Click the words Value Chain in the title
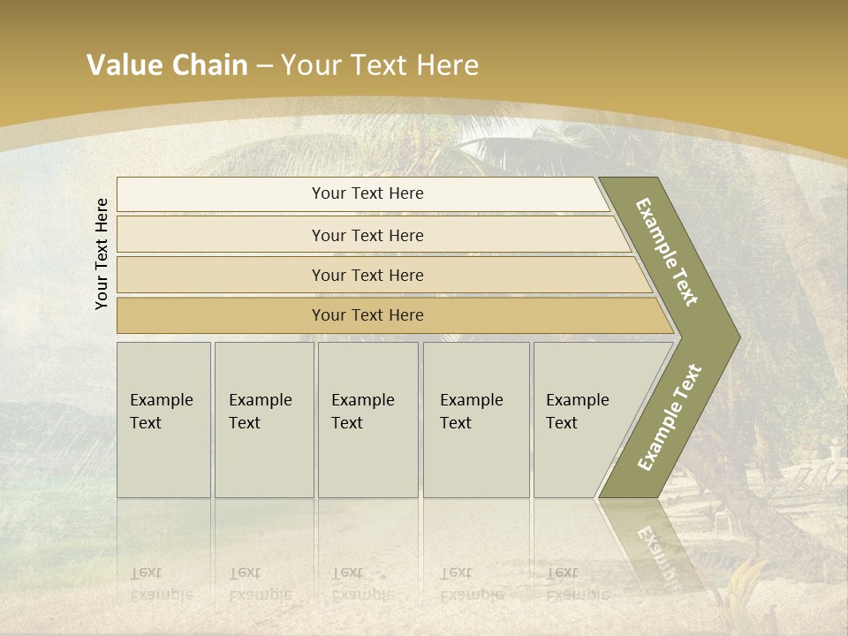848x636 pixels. click(x=167, y=65)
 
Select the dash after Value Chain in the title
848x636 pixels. click(x=264, y=65)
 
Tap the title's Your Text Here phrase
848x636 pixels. click(x=380, y=65)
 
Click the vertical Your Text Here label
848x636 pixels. click(x=102, y=254)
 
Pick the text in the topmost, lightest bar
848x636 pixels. click(x=367, y=193)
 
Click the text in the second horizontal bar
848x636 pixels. click(x=367, y=236)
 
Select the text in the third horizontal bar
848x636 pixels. click(x=367, y=276)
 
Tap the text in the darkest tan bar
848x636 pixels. click(x=367, y=315)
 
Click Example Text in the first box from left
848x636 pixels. click(x=161, y=412)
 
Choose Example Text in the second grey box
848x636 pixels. click(x=260, y=412)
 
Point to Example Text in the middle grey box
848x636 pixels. click(x=362, y=412)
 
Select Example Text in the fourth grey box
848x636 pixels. click(x=471, y=412)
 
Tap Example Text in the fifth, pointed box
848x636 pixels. click(x=577, y=412)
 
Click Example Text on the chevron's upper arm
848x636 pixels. click(x=667, y=252)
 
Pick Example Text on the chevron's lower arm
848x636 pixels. click(x=670, y=418)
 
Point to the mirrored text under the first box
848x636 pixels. click(x=161, y=583)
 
